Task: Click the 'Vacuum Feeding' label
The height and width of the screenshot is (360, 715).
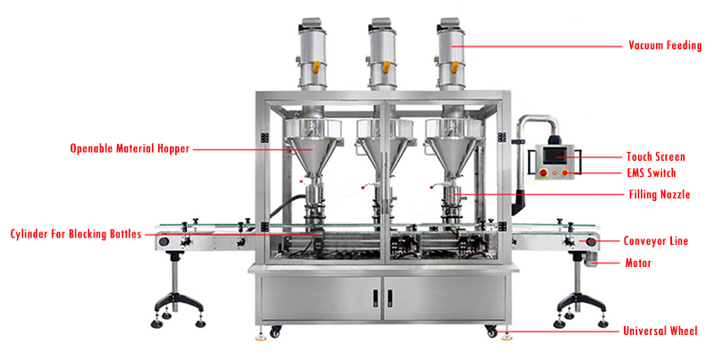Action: tap(665, 45)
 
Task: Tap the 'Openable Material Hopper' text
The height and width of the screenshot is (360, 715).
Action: tap(130, 149)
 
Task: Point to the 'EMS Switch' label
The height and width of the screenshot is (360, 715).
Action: tap(652, 172)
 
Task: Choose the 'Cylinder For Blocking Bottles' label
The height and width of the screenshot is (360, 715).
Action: tap(76, 234)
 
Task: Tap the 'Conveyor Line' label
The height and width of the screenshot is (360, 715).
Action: tap(655, 241)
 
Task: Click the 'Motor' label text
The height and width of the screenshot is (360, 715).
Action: tap(638, 264)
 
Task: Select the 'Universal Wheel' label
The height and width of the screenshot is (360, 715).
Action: tap(660, 331)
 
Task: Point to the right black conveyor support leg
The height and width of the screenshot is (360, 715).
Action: tap(571, 286)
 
